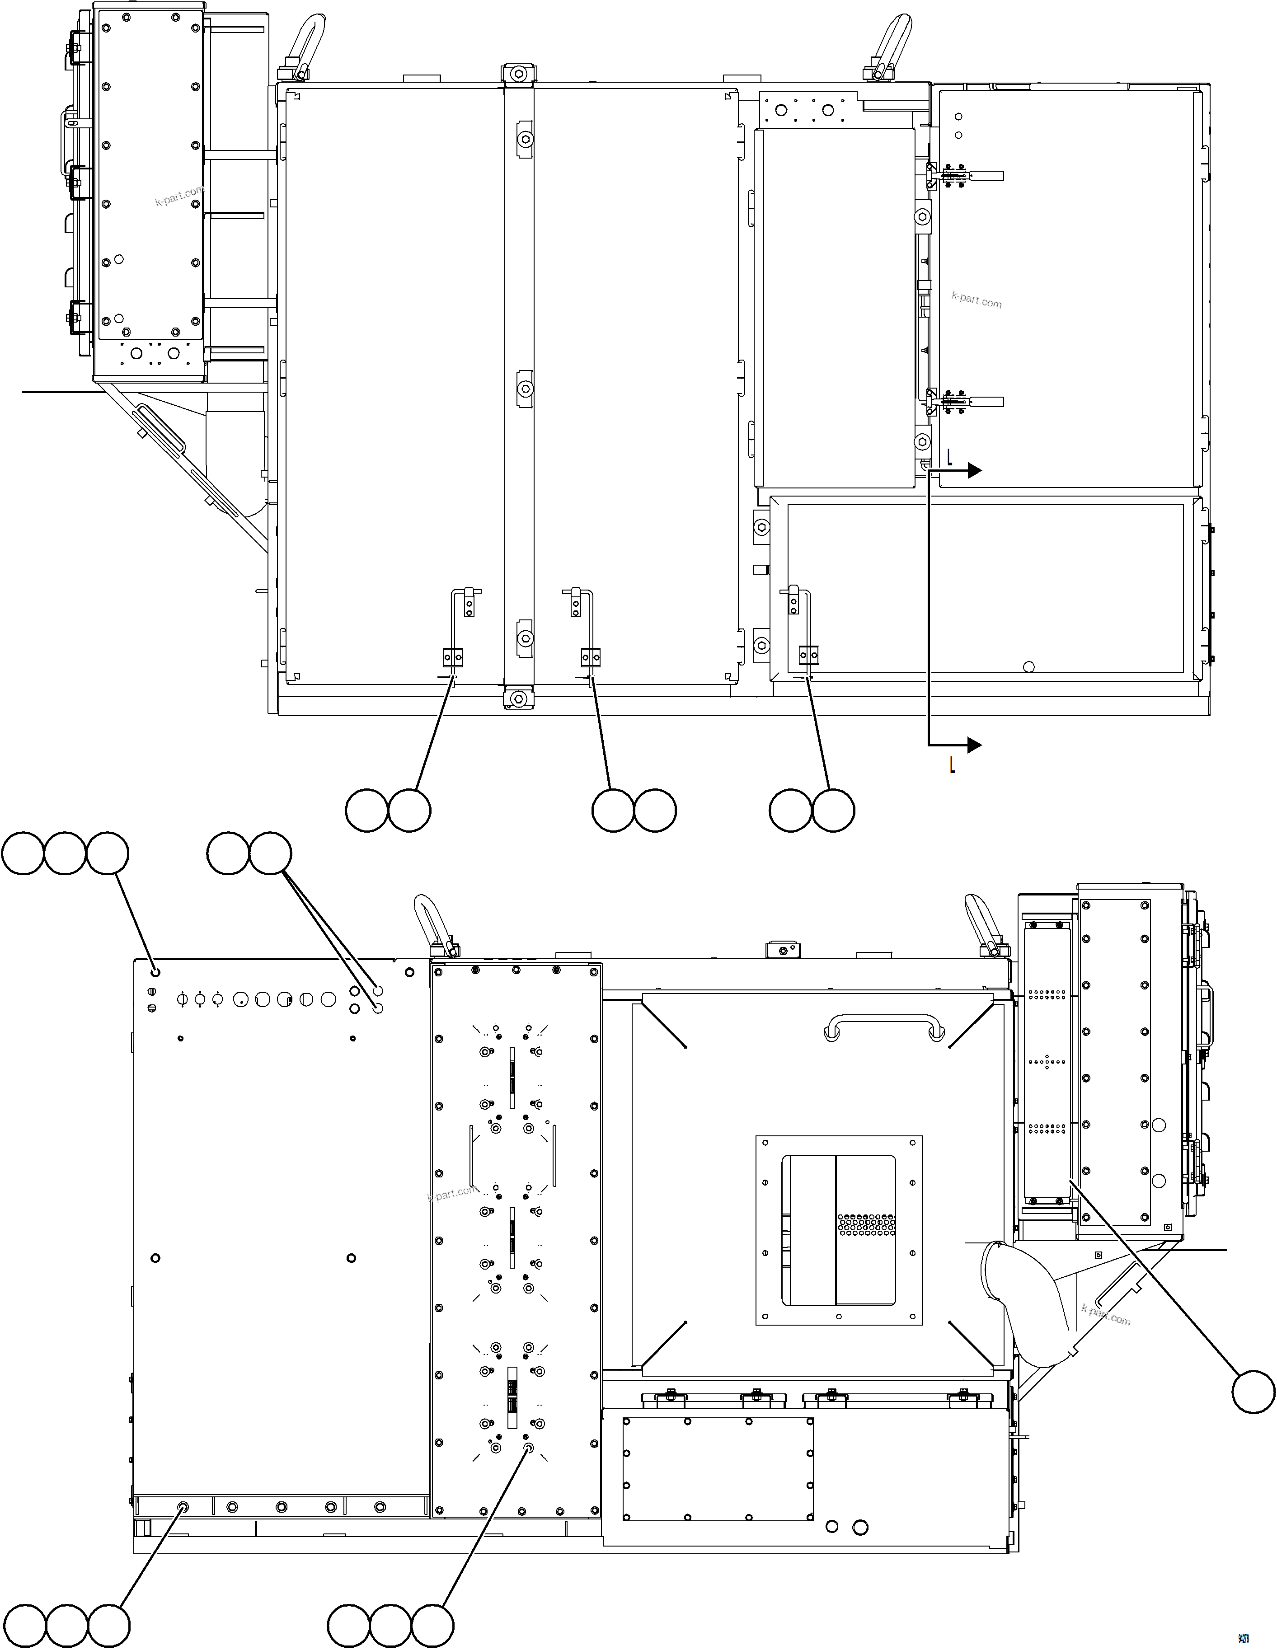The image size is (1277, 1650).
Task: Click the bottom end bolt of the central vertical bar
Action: [518, 699]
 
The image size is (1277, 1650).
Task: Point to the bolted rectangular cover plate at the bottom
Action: [718, 1469]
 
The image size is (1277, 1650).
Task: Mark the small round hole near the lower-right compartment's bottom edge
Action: [1028, 666]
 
